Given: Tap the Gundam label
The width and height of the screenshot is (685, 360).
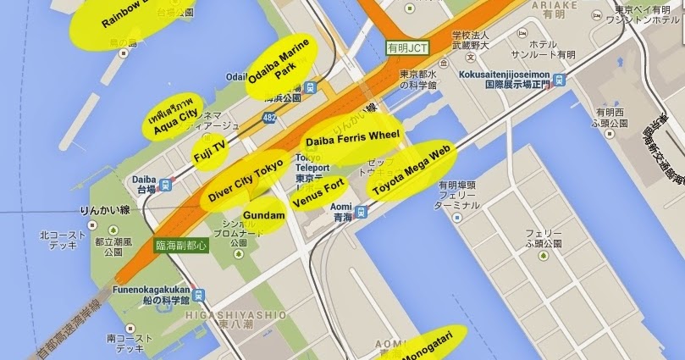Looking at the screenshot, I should pos(263,216).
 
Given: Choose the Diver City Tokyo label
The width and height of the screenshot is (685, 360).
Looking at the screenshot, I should pos(246,179).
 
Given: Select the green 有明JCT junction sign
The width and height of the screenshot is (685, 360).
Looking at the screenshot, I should pos(403,48).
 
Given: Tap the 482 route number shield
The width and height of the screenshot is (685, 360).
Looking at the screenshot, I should pos(269,116).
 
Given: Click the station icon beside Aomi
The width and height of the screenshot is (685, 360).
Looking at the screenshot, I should pos(362,213).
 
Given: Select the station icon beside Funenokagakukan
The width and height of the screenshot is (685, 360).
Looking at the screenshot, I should pos(199,295).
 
